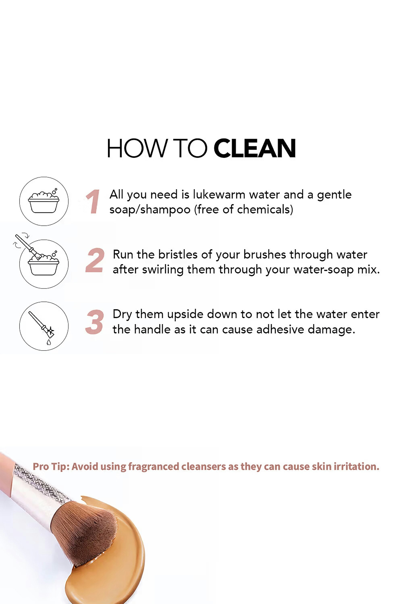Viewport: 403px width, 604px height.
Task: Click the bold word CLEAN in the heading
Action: click(254, 148)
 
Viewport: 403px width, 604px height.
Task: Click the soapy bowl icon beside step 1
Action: click(44, 201)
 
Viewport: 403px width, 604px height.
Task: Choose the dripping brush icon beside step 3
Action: click(44, 326)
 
